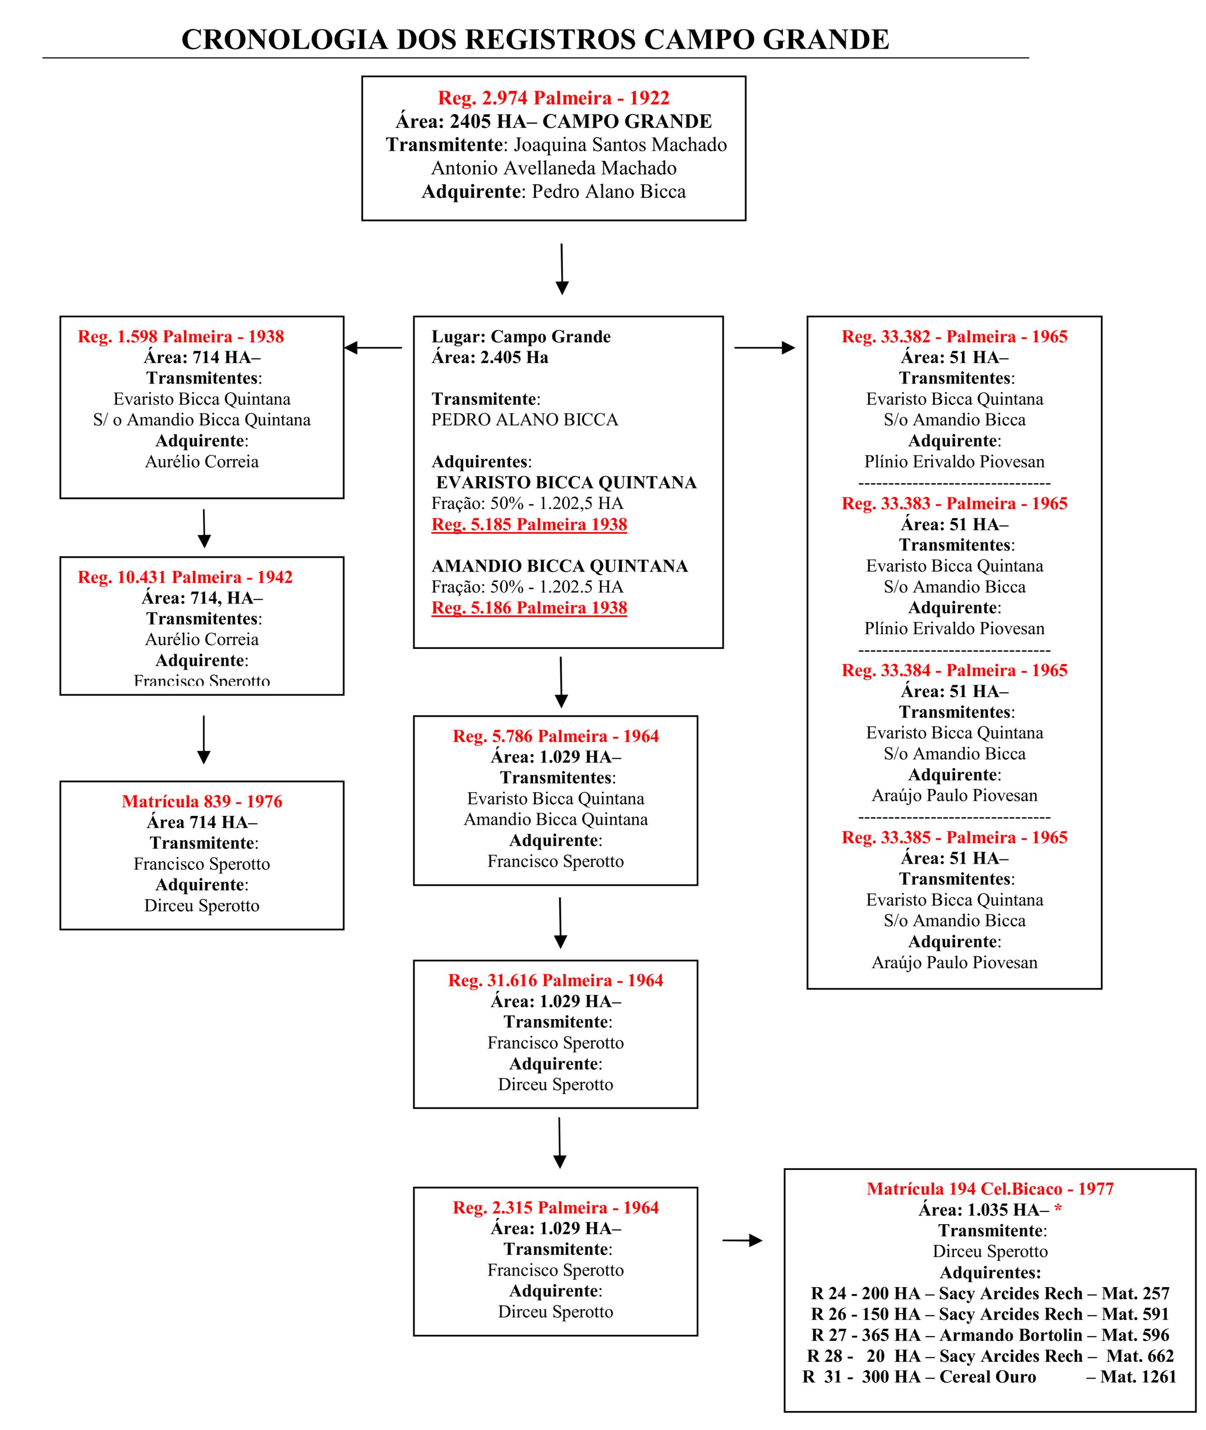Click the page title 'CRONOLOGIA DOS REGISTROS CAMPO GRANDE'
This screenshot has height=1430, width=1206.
(535, 40)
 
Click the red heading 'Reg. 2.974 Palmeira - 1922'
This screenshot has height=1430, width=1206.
(554, 98)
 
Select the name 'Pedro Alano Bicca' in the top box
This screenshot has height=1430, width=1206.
(608, 192)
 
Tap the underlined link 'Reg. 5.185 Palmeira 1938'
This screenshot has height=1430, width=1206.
(529, 525)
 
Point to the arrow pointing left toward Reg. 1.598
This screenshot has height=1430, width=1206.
(373, 348)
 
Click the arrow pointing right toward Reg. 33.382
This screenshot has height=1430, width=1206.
(764, 348)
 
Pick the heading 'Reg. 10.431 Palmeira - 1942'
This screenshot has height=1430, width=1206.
(185, 577)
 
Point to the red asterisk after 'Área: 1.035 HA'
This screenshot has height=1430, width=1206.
(1058, 1208)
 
